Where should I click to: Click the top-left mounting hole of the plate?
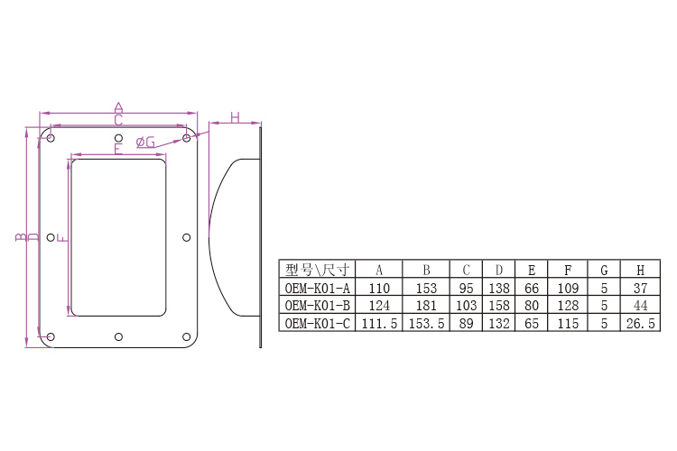[x=51, y=138]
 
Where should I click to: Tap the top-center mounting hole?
[x=118, y=138]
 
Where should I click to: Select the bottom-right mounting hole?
[x=187, y=336]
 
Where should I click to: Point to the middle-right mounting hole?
[x=187, y=237]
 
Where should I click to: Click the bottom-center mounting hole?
[x=118, y=336]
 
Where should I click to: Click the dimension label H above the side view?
[x=235, y=117]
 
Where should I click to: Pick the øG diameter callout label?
[x=145, y=142]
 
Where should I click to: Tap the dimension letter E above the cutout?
[x=118, y=149]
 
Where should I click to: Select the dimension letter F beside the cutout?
[x=62, y=237]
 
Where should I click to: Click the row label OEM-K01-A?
[x=318, y=288]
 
